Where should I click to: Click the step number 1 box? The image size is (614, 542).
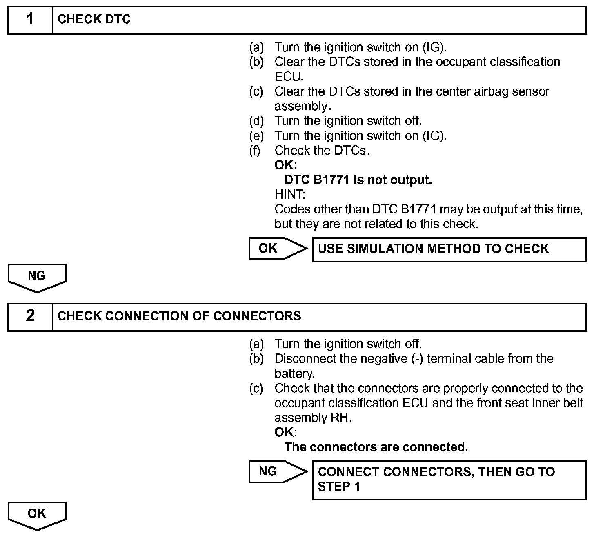click(x=30, y=20)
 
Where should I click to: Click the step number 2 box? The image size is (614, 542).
click(x=30, y=316)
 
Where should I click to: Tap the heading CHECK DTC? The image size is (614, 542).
click(x=94, y=20)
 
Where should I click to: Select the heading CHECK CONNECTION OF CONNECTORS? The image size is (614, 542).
click(x=179, y=316)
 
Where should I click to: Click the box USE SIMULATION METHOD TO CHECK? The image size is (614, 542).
click(x=449, y=249)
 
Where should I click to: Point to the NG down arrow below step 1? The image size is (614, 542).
click(x=37, y=278)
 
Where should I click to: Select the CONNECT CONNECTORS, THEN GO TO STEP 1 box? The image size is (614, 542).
click(x=449, y=480)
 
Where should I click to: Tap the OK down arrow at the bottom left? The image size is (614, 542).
click(x=37, y=515)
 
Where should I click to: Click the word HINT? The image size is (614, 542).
click(x=289, y=195)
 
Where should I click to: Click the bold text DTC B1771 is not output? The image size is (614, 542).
click(x=358, y=180)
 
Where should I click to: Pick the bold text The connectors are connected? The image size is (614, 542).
click(x=376, y=447)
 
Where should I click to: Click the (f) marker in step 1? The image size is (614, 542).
click(x=255, y=151)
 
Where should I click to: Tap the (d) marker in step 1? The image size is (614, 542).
click(x=256, y=121)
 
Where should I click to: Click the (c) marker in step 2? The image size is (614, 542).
click(x=256, y=389)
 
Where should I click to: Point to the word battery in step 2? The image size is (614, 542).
click(x=294, y=374)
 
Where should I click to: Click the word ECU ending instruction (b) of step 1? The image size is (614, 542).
click(x=288, y=77)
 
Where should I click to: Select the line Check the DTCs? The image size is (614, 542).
click(x=322, y=151)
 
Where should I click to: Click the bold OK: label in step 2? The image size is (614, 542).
click(x=285, y=432)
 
